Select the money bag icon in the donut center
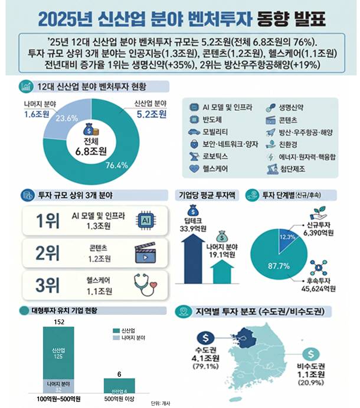click(x=88, y=127)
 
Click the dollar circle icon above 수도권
click(x=205, y=338)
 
